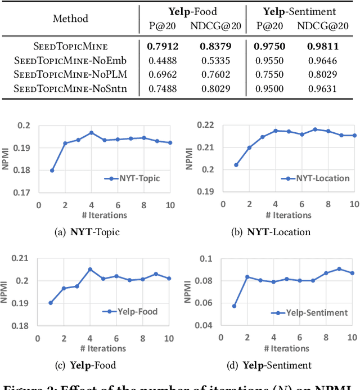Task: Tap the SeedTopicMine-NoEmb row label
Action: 70,59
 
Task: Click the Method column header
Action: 70,18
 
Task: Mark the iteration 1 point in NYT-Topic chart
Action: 52,171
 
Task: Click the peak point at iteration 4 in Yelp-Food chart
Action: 90,270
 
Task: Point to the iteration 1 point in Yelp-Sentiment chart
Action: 234,306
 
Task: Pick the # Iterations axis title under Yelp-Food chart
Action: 102,349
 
